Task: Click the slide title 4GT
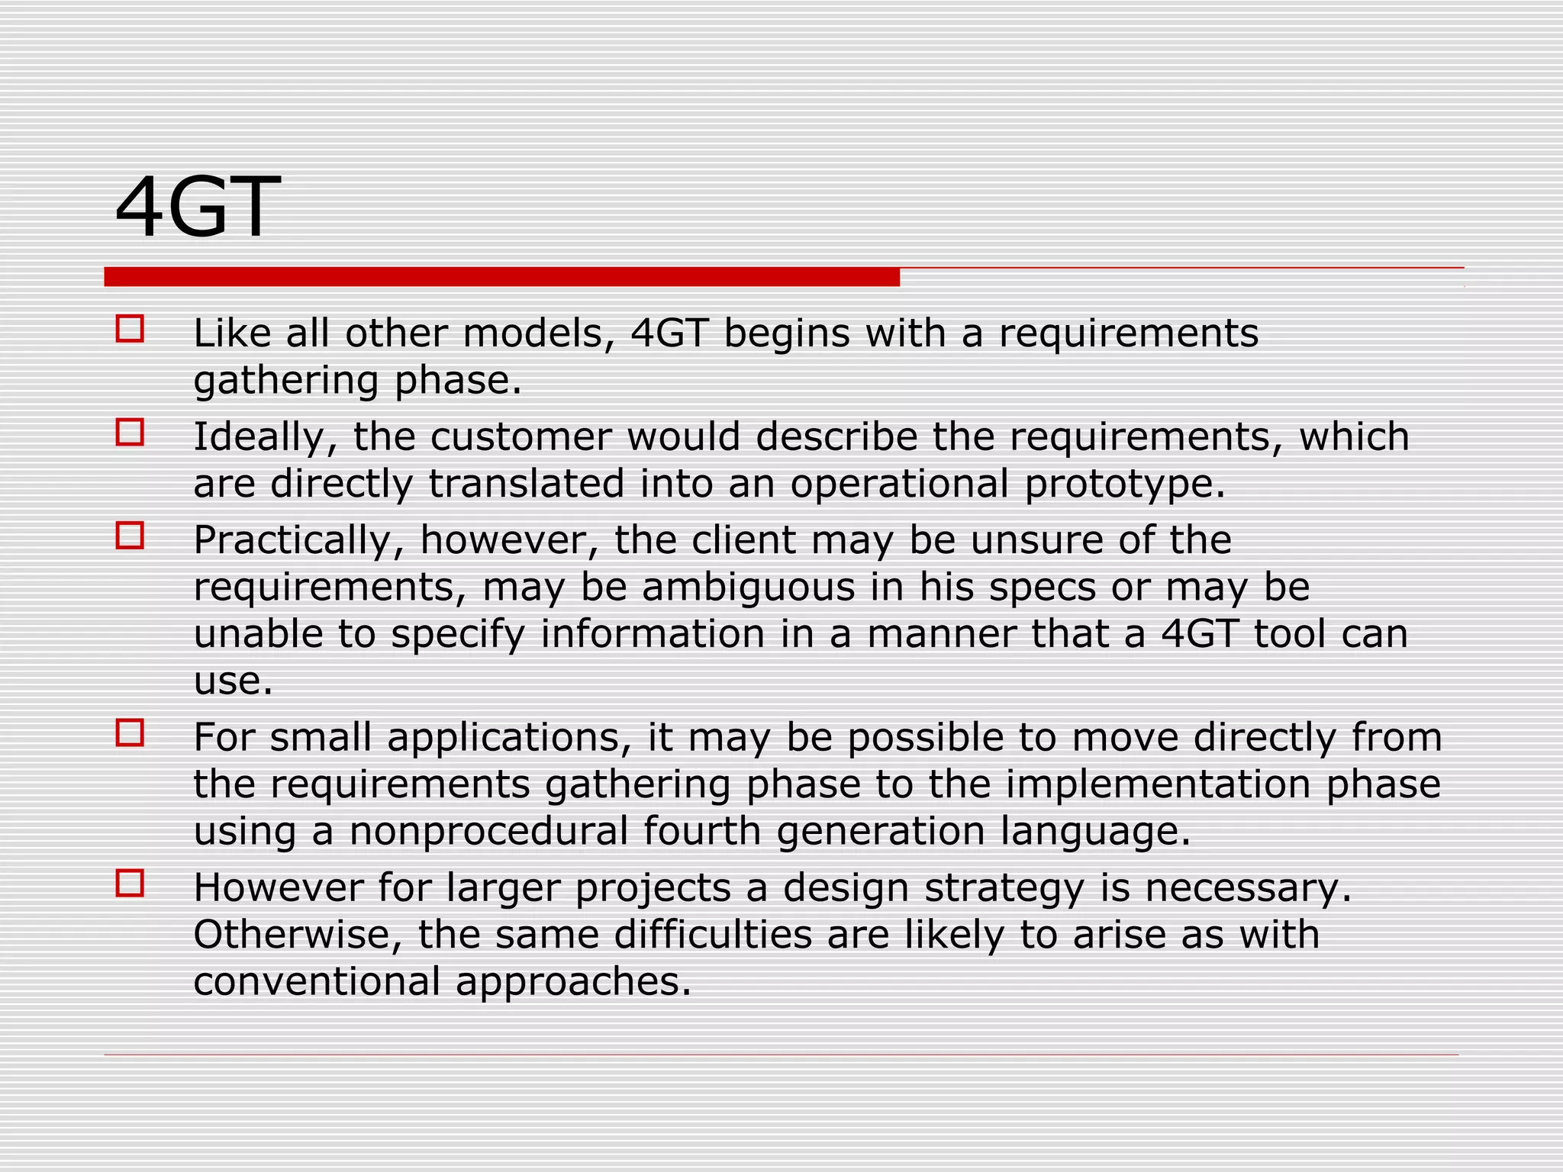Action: point(198,208)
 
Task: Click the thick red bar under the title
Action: point(501,277)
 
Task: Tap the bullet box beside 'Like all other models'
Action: point(130,329)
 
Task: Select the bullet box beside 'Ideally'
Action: point(130,433)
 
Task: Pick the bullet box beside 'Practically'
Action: point(130,536)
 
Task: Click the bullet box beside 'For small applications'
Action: point(130,733)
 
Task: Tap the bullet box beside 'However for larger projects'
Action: point(130,884)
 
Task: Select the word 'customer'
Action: point(520,437)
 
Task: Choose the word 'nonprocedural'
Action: point(488,831)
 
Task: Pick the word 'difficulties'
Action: point(713,935)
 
